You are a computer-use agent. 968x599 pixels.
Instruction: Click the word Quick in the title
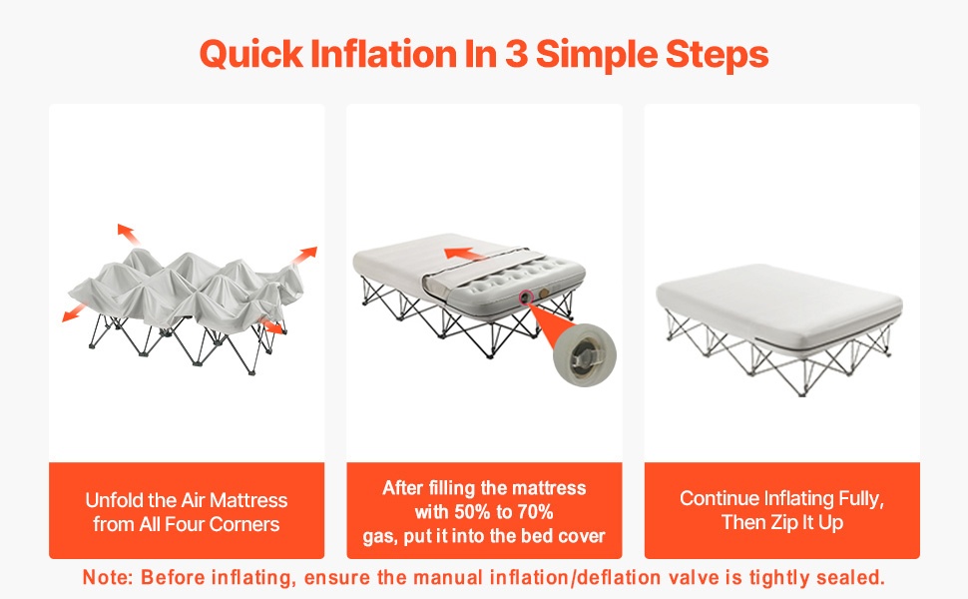(251, 54)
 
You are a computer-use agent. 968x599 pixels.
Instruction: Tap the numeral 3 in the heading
(516, 54)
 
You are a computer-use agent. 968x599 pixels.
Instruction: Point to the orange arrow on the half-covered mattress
(464, 254)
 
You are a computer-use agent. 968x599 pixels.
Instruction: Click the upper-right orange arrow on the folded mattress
(304, 255)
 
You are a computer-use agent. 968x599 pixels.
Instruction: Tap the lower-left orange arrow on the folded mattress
(75, 312)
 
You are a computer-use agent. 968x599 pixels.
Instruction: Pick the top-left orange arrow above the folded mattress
(128, 234)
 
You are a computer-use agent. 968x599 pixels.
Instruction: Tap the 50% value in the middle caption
(472, 512)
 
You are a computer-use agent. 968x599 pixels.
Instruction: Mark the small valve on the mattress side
(525, 298)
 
